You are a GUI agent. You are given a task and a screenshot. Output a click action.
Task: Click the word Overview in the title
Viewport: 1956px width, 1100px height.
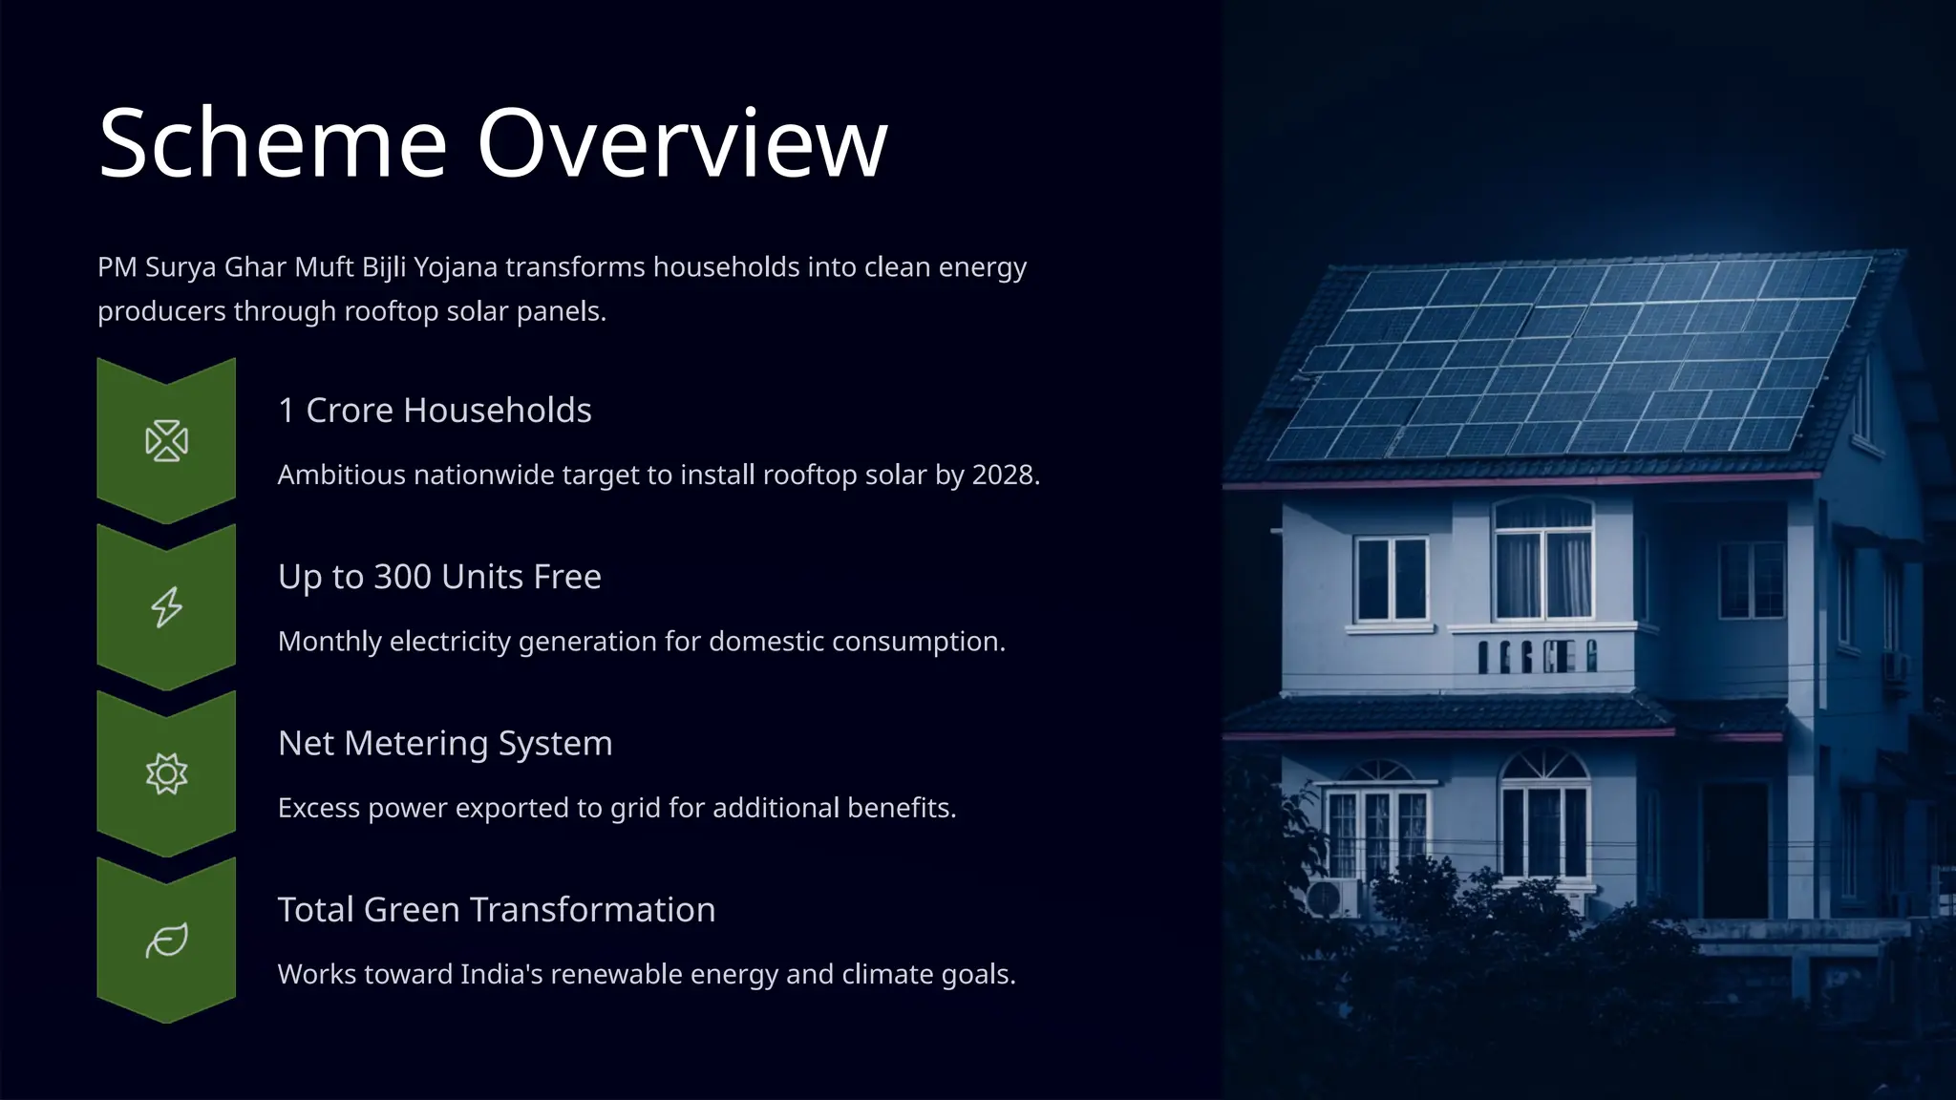pyautogui.click(x=682, y=143)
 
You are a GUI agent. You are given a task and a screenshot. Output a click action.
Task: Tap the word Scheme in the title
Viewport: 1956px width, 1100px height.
pyautogui.click(x=273, y=143)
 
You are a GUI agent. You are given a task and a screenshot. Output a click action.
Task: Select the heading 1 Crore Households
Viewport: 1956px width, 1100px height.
pyautogui.click(x=435, y=410)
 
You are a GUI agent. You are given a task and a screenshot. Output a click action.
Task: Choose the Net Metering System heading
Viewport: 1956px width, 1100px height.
pyautogui.click(x=445, y=743)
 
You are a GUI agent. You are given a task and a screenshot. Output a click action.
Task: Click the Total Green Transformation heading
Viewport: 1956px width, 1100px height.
pyautogui.click(x=497, y=909)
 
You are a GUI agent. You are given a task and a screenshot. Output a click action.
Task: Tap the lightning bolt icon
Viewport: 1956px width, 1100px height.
pyautogui.click(x=166, y=607)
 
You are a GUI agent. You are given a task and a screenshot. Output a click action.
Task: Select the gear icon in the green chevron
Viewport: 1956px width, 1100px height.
pyautogui.click(x=166, y=773)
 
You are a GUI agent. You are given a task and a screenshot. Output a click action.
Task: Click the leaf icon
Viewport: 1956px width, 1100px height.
pyautogui.click(x=166, y=941)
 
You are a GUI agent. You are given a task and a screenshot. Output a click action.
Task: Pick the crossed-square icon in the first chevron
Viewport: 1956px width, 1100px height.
pyautogui.click(x=166, y=441)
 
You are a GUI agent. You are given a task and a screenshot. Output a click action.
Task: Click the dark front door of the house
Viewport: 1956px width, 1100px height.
pyautogui.click(x=1733, y=850)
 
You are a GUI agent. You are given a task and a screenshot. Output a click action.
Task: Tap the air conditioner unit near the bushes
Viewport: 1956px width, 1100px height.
pyautogui.click(x=1331, y=899)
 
